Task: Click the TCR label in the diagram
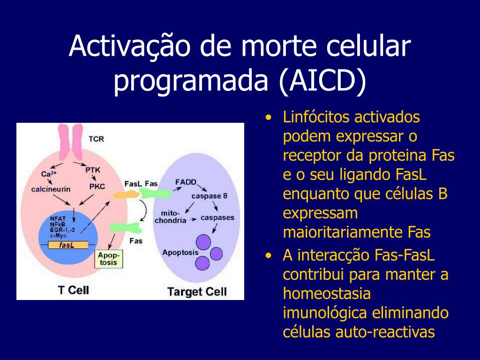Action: (x=96, y=139)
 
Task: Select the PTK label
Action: (x=93, y=170)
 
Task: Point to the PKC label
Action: (x=97, y=187)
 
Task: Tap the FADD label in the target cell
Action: (x=186, y=182)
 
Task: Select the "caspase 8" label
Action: (x=209, y=195)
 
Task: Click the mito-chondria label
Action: (x=171, y=216)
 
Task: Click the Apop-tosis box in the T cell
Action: (x=109, y=259)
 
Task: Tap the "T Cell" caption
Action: (x=73, y=290)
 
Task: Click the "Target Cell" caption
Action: (x=197, y=292)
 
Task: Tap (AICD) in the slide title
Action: (x=322, y=81)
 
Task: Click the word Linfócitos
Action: (x=316, y=117)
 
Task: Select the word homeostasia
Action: (x=327, y=294)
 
